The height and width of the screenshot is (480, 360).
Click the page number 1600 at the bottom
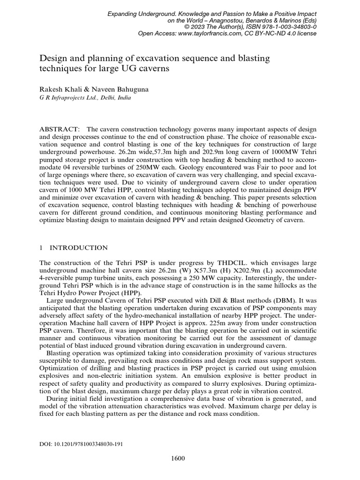click(x=178, y=458)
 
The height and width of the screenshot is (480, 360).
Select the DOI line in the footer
click(x=82, y=443)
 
